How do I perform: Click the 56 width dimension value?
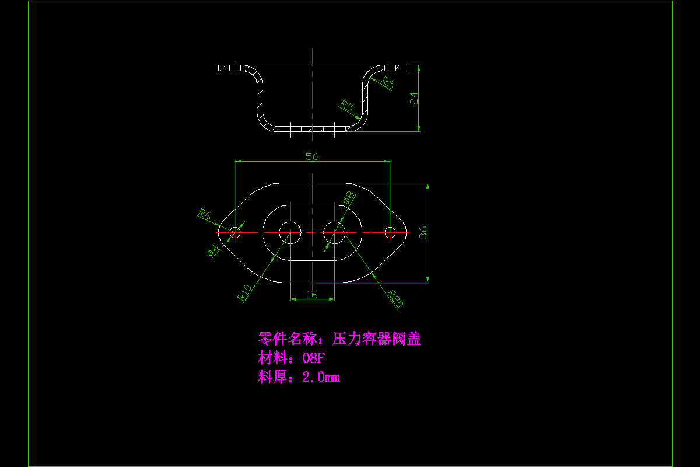[x=312, y=156]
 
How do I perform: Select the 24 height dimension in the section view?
[x=414, y=97]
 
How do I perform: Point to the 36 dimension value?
[x=424, y=233]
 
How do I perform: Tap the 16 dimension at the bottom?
[x=312, y=295]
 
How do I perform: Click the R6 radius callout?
[x=204, y=214]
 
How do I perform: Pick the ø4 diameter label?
[x=213, y=251]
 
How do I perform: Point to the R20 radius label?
[x=396, y=299]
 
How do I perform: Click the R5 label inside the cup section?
[x=347, y=106]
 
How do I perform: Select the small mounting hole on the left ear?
[x=235, y=232]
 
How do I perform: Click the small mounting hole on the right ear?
[x=390, y=232]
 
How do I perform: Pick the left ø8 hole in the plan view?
[x=289, y=232]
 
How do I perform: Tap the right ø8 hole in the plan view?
[x=334, y=232]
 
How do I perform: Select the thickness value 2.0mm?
[x=321, y=377]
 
